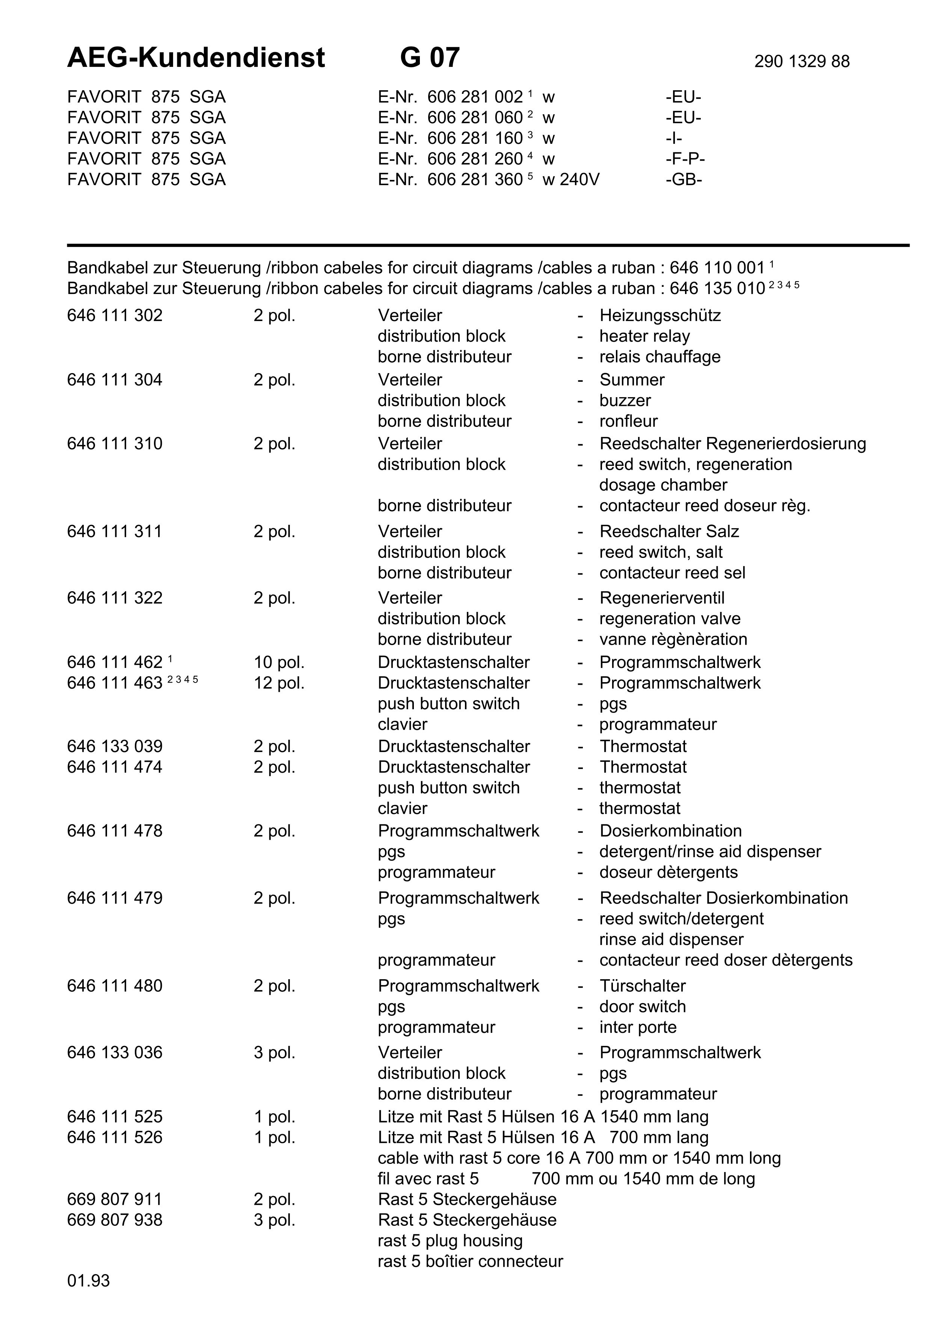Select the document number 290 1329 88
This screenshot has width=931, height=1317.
pyautogui.click(x=801, y=61)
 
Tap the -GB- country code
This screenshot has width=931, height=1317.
pyautogui.click(x=684, y=179)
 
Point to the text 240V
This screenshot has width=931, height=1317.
pyautogui.click(x=579, y=179)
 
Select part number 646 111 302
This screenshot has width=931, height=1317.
pyautogui.click(x=115, y=315)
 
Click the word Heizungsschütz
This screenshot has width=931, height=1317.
pyautogui.click(x=660, y=315)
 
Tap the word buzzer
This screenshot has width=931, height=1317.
pyautogui.click(x=625, y=400)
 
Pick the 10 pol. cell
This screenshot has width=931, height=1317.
pyautogui.click(x=279, y=663)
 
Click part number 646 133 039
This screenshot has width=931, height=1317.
pyautogui.click(x=115, y=746)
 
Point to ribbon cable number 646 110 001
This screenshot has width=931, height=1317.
pyautogui.click(x=717, y=268)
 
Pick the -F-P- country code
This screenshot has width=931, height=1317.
pyautogui.click(x=685, y=159)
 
